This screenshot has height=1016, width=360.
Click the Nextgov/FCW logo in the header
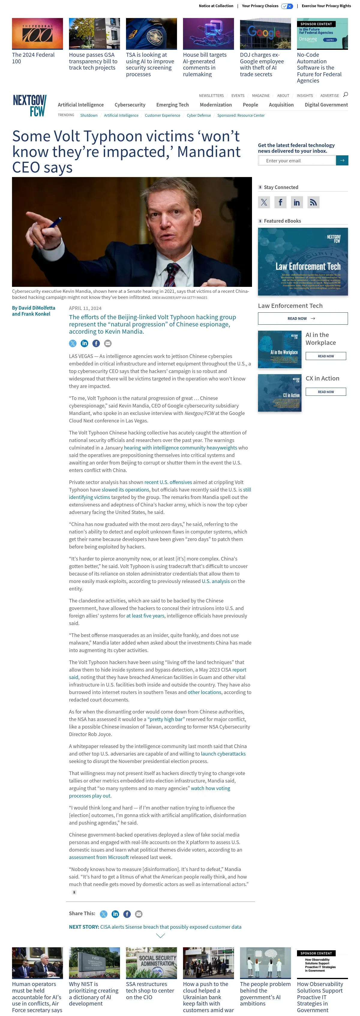(x=30, y=105)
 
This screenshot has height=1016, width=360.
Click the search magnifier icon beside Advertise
(x=345, y=95)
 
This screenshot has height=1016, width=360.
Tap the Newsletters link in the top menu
(x=211, y=96)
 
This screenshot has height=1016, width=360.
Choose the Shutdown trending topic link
(x=89, y=116)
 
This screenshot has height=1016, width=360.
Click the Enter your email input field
(x=296, y=161)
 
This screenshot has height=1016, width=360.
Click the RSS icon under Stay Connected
(x=313, y=202)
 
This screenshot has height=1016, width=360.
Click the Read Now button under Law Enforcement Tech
(x=302, y=318)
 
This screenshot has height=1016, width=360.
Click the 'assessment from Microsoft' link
(x=99, y=857)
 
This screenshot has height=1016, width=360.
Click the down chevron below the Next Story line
(x=160, y=936)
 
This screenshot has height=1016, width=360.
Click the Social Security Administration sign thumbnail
(x=151, y=963)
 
